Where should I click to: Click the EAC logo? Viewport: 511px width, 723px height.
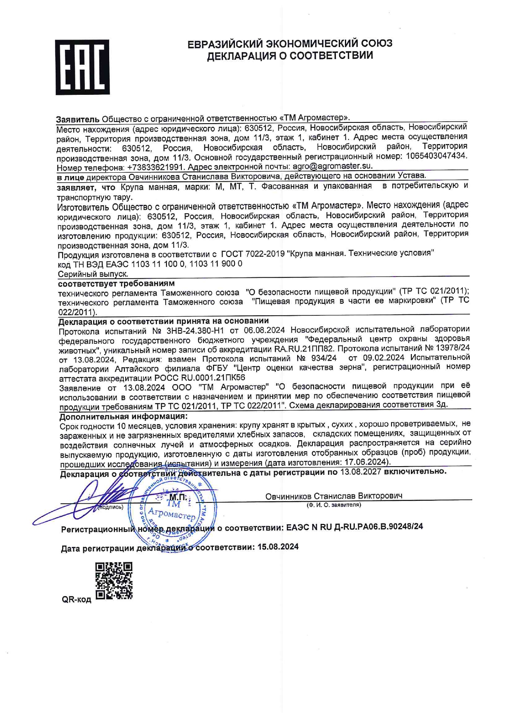[82, 67]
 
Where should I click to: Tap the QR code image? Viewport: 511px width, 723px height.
[114, 580]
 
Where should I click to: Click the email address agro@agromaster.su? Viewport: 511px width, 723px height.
[332, 167]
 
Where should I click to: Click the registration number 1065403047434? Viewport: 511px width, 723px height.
[436, 156]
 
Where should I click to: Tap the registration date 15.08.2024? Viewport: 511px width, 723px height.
[278, 547]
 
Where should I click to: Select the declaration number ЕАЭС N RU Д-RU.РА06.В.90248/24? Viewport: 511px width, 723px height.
[354, 527]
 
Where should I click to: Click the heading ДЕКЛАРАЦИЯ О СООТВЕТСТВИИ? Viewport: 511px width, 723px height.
[290, 56]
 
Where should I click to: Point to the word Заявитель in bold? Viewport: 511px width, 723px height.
[77, 119]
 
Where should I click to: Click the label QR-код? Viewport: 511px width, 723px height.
[76, 599]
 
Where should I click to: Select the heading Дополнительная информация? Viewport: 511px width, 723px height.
[123, 416]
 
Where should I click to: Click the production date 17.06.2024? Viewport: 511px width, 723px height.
[366, 462]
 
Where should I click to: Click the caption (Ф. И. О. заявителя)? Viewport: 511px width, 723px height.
[333, 505]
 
